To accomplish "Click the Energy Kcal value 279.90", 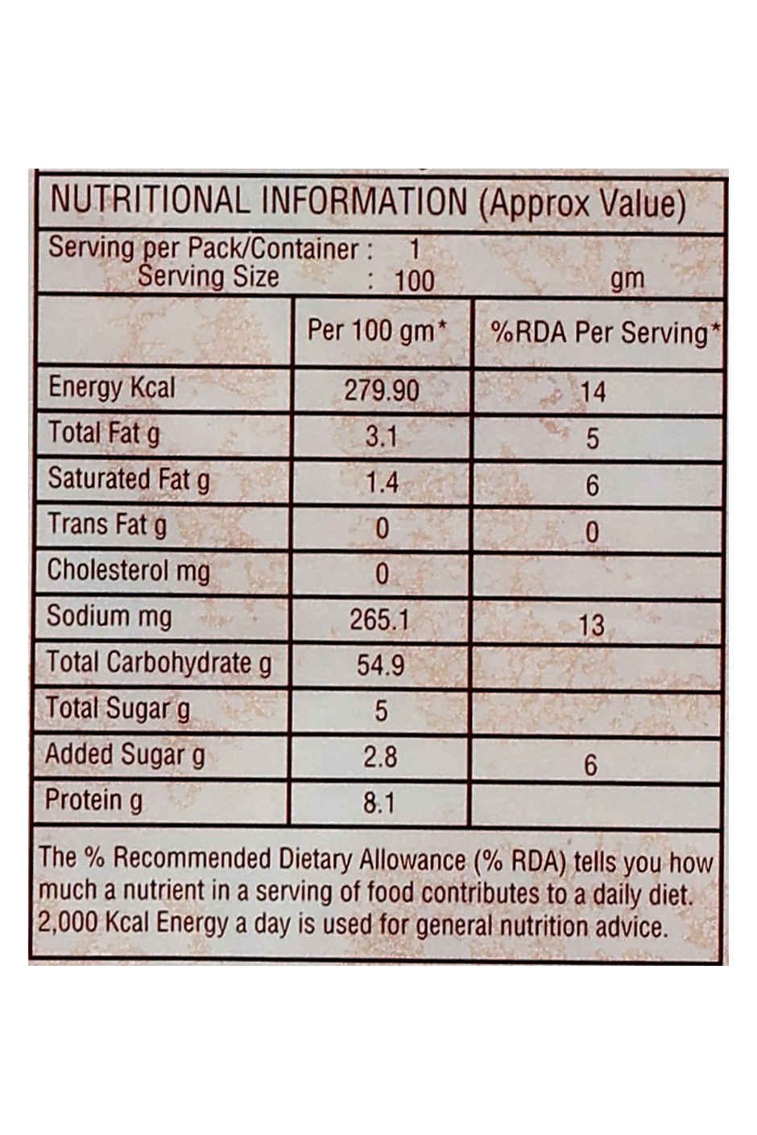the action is point(382,390).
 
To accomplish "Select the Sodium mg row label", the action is point(109,617).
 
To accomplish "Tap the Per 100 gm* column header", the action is point(377,331).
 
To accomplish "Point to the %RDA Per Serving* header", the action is point(605,333).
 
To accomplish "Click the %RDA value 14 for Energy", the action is point(593,392).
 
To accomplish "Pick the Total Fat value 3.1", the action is point(382,437).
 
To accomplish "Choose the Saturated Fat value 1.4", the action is point(382,482).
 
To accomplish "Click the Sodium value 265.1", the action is point(379,620).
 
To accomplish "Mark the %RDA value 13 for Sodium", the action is point(591,625).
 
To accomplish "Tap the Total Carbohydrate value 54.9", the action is point(380,665).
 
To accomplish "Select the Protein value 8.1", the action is point(378,803).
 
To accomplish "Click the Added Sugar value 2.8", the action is point(380,757).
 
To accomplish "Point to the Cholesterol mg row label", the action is point(128,571).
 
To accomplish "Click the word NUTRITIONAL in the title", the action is point(150,200).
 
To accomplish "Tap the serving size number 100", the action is point(414,281).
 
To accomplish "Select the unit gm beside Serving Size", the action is point(627,279).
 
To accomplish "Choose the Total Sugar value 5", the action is point(381,711).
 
